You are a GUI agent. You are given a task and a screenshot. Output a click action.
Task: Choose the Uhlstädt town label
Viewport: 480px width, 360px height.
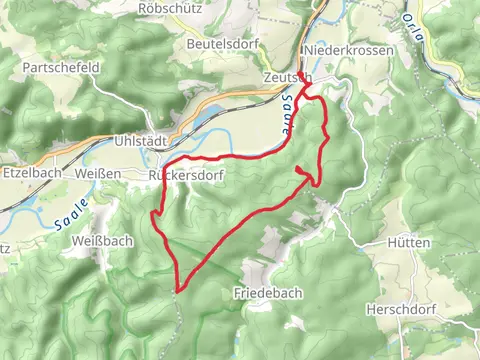pos(138,141)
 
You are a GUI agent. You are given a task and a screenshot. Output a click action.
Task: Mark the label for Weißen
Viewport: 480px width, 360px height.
pos(98,174)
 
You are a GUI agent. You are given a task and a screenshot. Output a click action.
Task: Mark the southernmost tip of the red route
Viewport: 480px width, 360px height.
pos(178,290)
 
